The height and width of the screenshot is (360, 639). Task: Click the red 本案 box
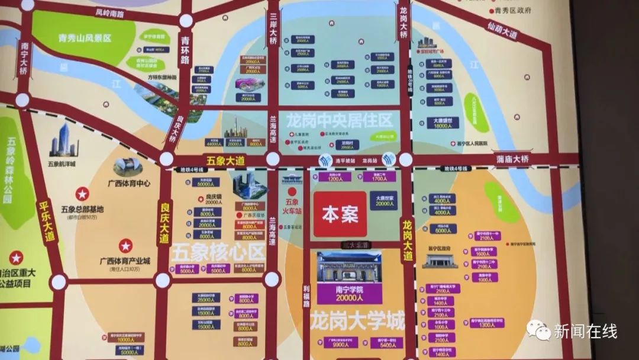tap(340, 214)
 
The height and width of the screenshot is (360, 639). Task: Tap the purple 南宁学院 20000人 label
tap(349, 294)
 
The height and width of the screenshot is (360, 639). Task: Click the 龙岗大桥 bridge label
tap(404, 22)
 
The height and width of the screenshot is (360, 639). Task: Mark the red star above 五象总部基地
tap(82, 194)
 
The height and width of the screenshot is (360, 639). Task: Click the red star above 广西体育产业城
tap(125, 245)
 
